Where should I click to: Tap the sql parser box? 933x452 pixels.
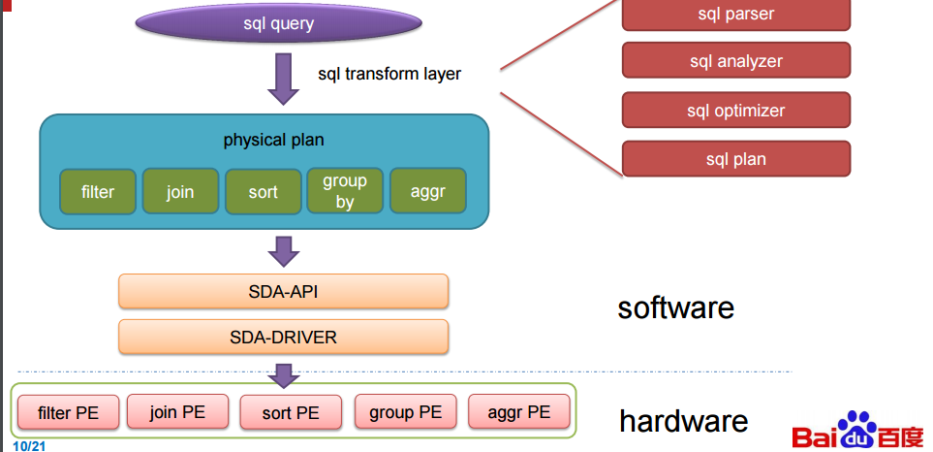735,14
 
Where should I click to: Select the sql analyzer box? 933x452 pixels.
735,61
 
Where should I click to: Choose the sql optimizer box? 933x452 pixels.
735,111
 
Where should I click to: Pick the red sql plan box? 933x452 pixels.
735,159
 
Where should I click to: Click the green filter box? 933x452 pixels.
97,191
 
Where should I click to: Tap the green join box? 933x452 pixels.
180,191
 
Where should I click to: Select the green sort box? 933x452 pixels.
263,191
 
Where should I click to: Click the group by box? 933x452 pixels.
345,191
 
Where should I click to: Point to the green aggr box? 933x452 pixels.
427,191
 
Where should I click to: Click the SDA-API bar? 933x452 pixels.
283,291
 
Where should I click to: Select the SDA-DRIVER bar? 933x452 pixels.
283,337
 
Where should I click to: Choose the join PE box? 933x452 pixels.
178,411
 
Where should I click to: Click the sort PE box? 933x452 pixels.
291,412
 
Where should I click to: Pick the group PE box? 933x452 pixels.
405,411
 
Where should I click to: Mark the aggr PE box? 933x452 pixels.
518,411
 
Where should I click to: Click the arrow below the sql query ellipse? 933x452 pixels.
283,78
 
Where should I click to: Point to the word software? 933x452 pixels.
675,307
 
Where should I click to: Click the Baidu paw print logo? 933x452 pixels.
855,429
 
